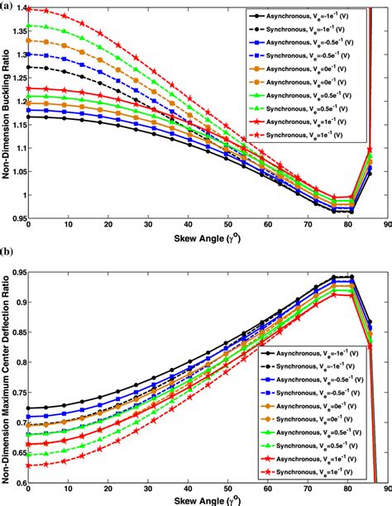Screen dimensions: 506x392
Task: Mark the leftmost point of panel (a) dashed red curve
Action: pyautogui.click(x=30, y=10)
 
